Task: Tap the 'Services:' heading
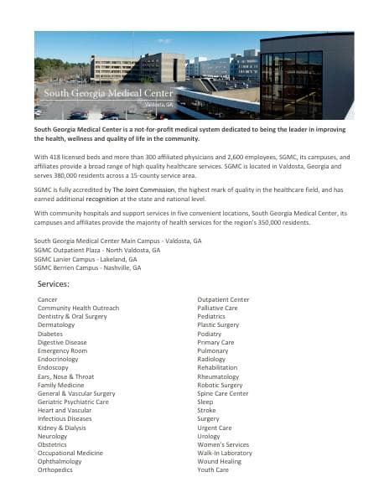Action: (x=54, y=285)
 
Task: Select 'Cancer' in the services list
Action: (x=48, y=299)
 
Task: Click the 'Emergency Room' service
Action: (x=62, y=350)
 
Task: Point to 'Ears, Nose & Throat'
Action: (x=66, y=376)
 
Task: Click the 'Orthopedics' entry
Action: (x=55, y=470)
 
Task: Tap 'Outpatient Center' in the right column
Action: (x=223, y=299)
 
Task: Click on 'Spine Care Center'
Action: (x=223, y=393)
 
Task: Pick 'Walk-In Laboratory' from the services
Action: (x=225, y=453)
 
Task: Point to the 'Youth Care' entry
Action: (x=213, y=470)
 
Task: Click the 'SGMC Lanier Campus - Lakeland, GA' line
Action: (x=86, y=259)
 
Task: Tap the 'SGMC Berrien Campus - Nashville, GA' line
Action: (x=87, y=267)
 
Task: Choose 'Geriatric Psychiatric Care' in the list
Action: (x=74, y=402)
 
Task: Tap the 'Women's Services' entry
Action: (x=223, y=444)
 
